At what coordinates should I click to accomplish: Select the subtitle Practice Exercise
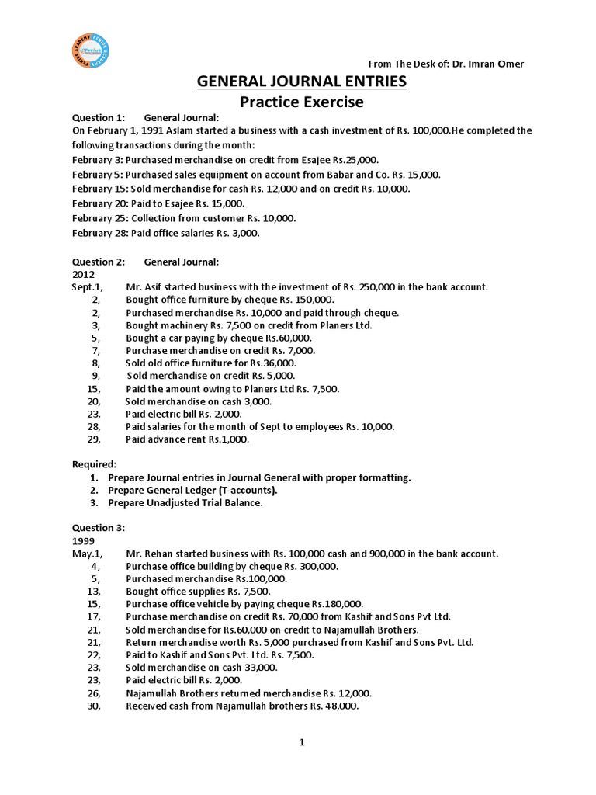coord(301,102)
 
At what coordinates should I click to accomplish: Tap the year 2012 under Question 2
coord(83,274)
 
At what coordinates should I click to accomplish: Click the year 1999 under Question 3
coord(83,540)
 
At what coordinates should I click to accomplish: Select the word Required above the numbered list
coord(95,464)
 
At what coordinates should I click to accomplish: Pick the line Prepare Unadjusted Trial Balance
coord(185,503)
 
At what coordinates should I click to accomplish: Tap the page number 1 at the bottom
coord(302,743)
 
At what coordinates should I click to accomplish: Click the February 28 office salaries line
coord(166,233)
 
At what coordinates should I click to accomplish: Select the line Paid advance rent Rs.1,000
coord(188,439)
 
